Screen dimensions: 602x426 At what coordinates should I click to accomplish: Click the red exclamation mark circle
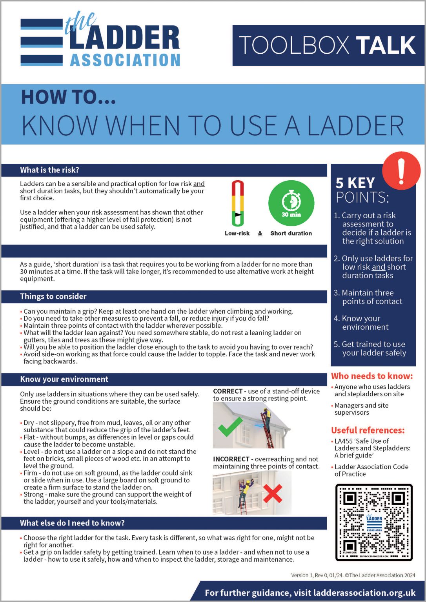pos(401,171)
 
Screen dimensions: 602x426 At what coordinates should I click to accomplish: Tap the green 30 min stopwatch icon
pos(291,203)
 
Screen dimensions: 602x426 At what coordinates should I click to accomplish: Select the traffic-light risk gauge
pos(237,203)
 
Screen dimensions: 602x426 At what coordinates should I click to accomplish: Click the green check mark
pos(230,427)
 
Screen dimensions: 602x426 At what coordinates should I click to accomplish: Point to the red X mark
pos(273,493)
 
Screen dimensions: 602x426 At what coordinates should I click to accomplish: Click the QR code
pos(374,522)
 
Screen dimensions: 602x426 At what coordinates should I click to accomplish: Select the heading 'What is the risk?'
pos(49,170)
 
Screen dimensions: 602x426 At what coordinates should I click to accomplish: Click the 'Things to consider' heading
pos(53,297)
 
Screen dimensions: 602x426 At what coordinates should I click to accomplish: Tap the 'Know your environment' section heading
pos(64,379)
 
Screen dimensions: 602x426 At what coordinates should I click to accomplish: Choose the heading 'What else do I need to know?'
pos(72,523)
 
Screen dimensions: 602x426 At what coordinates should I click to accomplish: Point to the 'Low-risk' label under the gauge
pos(237,234)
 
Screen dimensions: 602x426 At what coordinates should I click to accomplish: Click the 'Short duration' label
pos(291,234)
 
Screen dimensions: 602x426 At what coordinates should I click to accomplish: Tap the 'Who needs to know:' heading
pos(371,376)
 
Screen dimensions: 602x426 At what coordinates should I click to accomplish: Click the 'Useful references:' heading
pos(368,430)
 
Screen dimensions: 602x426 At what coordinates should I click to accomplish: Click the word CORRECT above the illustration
pos(228,392)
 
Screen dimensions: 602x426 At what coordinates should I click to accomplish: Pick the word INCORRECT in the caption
pos(231,459)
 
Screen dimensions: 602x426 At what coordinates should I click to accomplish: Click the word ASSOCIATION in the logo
pos(125,60)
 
